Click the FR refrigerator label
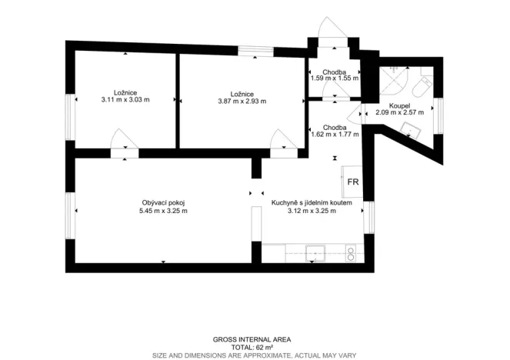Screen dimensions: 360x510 pos(353,182)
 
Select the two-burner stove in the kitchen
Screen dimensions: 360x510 pos(352,251)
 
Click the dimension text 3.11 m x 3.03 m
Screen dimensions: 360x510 pos(125,100)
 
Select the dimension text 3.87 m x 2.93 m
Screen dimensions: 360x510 pos(242,101)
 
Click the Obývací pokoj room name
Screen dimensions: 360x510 pos(162,202)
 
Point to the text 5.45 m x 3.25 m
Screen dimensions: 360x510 pos(162,211)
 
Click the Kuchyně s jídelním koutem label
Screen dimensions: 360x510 pos(312,202)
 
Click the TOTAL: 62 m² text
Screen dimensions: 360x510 pos(254,348)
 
